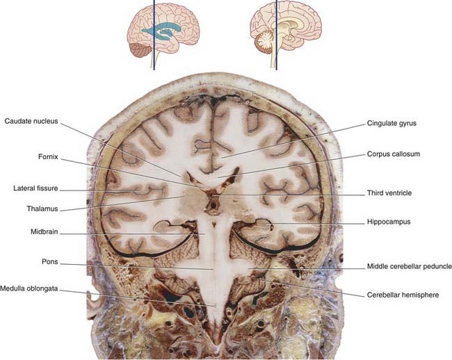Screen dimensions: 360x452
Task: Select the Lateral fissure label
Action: [34, 188]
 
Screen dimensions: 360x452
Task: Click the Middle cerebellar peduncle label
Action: [409, 266]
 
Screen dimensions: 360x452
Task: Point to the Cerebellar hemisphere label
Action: [403, 295]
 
